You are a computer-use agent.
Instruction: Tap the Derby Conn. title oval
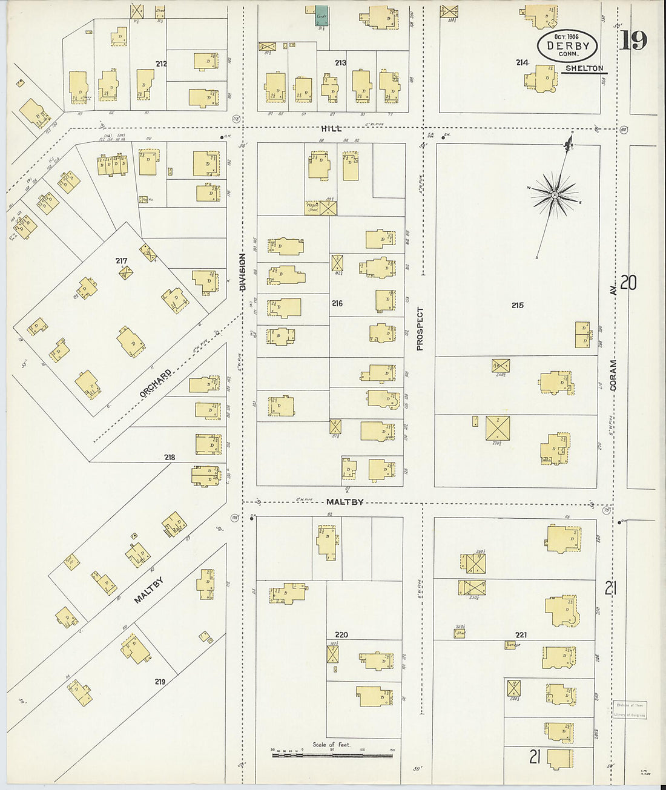click(567, 45)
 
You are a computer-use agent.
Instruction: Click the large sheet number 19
click(633, 41)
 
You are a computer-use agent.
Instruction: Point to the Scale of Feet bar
click(332, 755)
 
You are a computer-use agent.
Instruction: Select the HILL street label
click(331, 128)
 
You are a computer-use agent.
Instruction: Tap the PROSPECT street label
click(420, 329)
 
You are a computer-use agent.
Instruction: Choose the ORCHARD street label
click(156, 383)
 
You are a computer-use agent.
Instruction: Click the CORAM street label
click(613, 375)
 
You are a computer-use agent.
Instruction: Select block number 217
click(121, 261)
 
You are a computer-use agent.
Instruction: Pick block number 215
click(517, 306)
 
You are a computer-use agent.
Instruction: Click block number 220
click(341, 635)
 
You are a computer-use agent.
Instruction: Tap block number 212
click(160, 64)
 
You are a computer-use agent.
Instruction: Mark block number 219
click(160, 682)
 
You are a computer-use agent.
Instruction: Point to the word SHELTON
click(584, 68)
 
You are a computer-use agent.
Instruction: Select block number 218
click(170, 457)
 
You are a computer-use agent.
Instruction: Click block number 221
click(521, 635)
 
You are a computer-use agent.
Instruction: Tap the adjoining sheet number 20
click(628, 283)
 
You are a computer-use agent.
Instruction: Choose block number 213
click(340, 62)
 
